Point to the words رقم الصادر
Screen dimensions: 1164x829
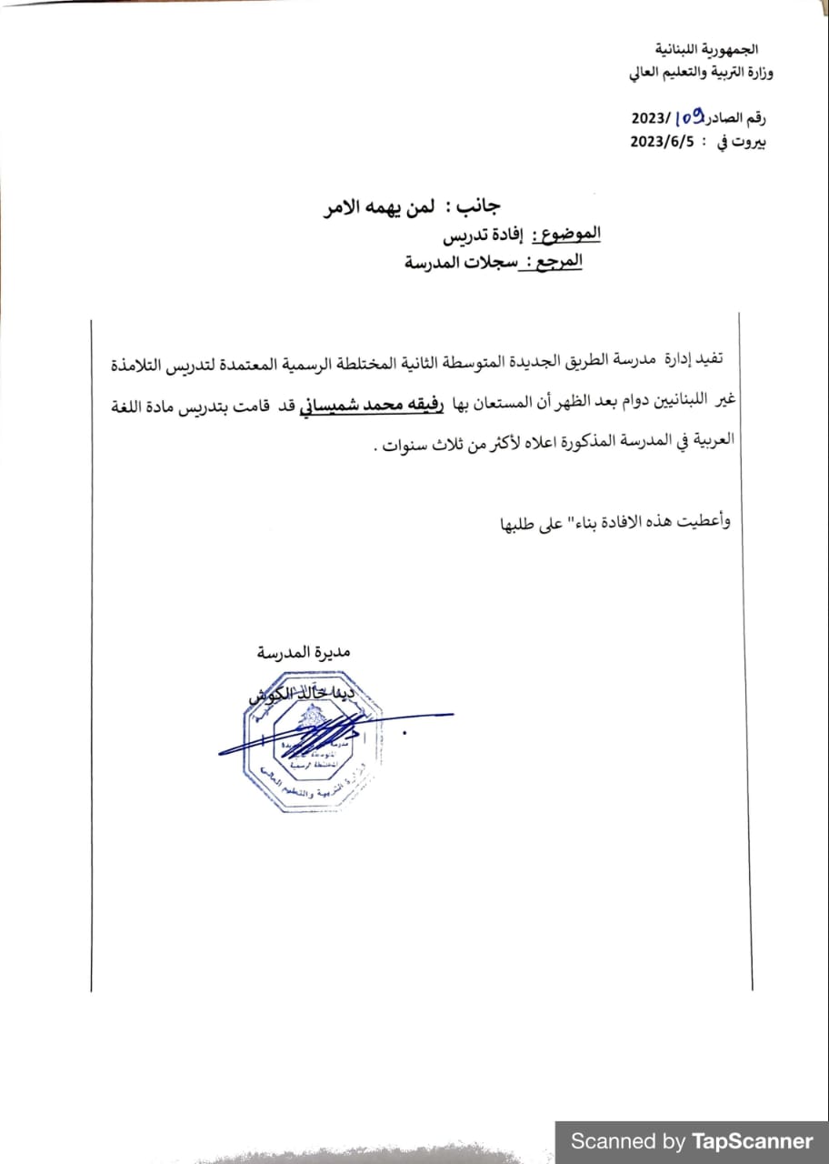click(x=736, y=119)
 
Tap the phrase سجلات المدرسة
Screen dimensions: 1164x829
click(x=453, y=265)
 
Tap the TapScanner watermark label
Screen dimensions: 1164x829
click(x=692, y=1141)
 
